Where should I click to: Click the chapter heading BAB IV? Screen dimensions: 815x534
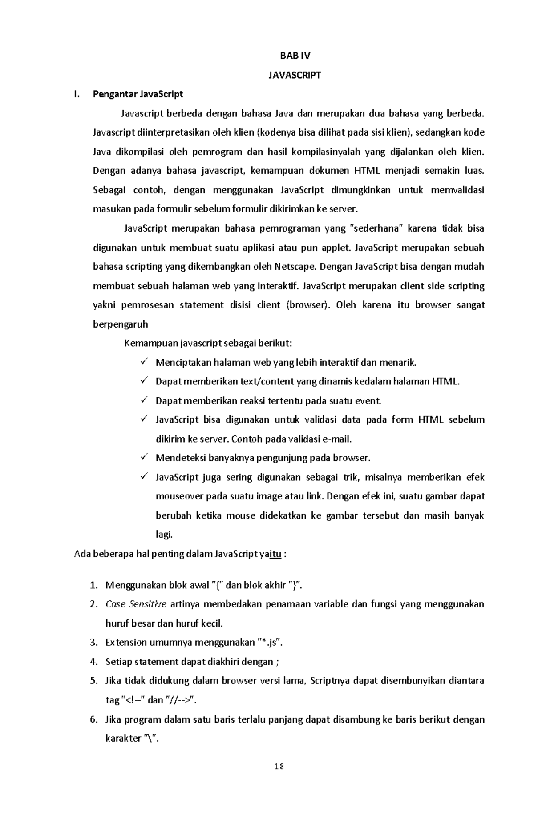pos(295,56)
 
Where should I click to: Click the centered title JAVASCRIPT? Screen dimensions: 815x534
pos(295,75)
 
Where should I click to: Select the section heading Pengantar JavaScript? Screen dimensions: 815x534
pos(138,94)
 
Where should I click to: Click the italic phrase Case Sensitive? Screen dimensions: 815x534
pos(136,604)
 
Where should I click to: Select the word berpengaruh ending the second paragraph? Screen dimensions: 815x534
pos(120,324)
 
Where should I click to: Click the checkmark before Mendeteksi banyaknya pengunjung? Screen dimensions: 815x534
pos(144,457)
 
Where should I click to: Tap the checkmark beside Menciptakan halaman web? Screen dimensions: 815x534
pos(144,362)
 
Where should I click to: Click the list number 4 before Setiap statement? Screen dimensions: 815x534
pos(93,662)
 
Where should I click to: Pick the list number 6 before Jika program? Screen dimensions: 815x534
pos(93,719)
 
